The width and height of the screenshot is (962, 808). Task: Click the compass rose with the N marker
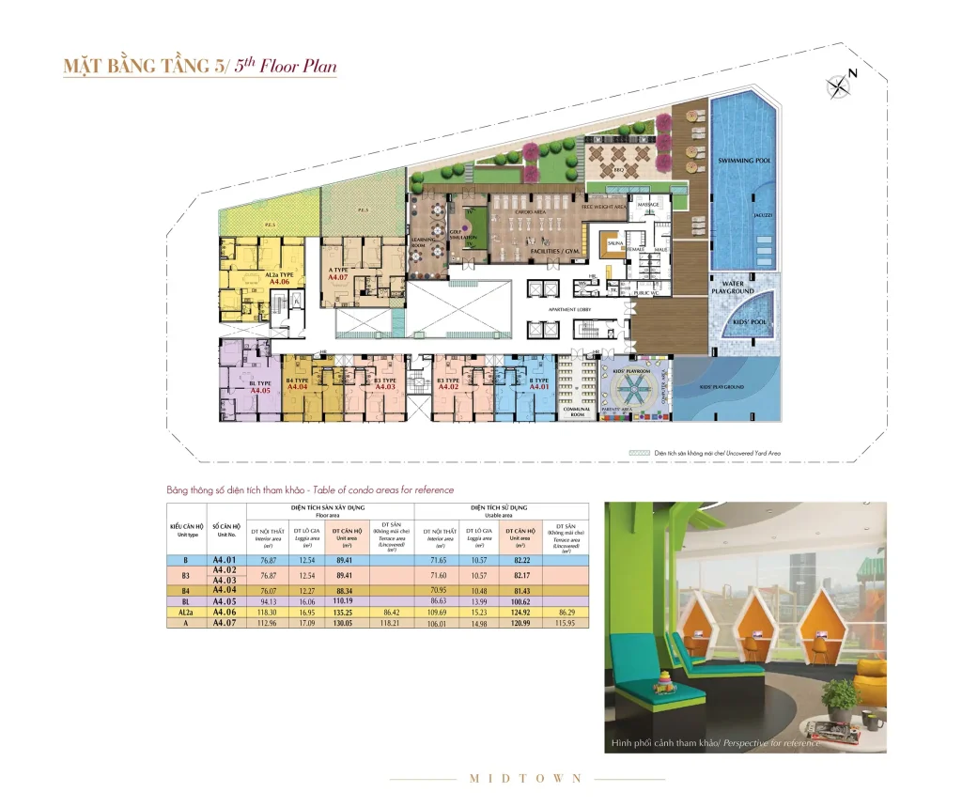[838, 86]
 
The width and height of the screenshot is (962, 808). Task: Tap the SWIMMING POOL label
[744, 161]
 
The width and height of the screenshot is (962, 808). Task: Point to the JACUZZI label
[762, 215]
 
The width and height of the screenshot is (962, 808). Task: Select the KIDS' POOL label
[748, 320]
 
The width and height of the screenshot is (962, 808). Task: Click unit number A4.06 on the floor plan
[280, 281]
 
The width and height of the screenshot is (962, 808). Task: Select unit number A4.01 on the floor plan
[539, 386]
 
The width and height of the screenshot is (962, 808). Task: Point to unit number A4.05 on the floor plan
[260, 390]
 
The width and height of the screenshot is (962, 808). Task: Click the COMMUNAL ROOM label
[576, 411]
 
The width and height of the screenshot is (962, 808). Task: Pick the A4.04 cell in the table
[224, 590]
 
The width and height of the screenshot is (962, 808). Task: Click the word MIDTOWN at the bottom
[526, 778]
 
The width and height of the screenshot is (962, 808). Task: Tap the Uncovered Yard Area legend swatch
[640, 453]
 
